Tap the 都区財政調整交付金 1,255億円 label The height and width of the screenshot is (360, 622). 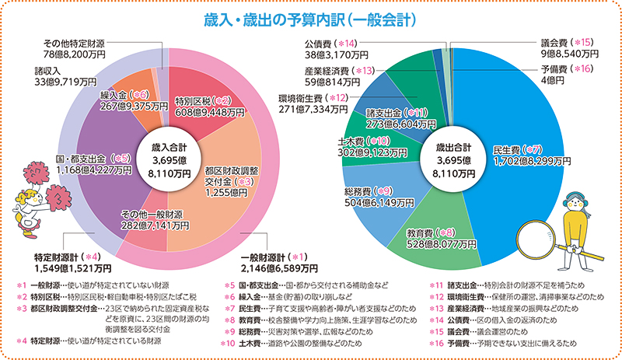pos(232,182)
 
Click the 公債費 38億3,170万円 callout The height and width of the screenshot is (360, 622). pos(332,49)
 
